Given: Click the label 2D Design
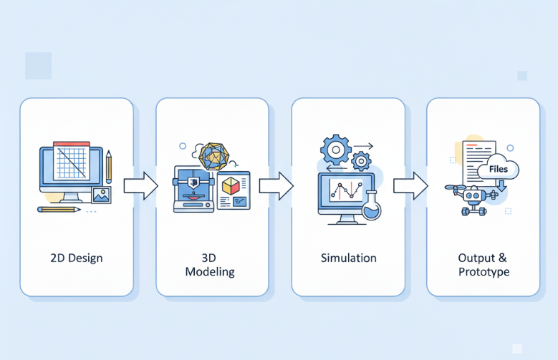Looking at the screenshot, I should click(x=76, y=258).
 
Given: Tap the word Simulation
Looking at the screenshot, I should click(x=348, y=258).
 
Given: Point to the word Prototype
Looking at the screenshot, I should click(x=484, y=272).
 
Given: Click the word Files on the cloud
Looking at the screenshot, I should click(x=499, y=169).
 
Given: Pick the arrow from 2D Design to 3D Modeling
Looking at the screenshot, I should click(x=140, y=185).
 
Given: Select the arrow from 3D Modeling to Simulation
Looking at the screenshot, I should click(x=276, y=185).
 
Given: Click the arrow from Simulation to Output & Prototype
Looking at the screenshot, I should click(x=410, y=185).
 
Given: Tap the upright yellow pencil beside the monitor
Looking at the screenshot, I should click(x=109, y=167).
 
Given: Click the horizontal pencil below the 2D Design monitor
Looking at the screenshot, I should click(x=59, y=209).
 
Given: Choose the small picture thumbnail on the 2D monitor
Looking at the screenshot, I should click(x=101, y=194).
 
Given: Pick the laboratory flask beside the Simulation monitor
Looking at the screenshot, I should click(x=372, y=205).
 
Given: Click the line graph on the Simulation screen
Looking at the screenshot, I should click(x=345, y=191).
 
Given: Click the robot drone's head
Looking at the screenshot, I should click(x=471, y=195).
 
